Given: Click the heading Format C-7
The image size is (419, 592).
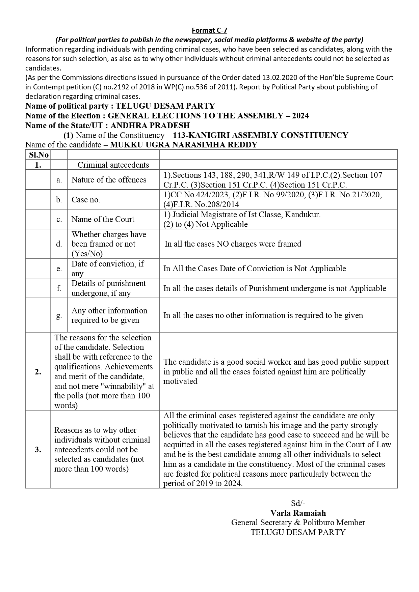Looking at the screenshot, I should [x=209, y=30].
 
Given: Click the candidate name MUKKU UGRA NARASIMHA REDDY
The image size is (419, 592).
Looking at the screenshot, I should [x=184, y=145].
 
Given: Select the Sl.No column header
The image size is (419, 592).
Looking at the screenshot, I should [x=38, y=155].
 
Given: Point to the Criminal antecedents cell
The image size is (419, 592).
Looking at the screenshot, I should [x=113, y=165].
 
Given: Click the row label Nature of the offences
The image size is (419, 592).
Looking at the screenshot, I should [x=109, y=180].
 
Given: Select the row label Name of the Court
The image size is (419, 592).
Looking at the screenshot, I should [x=103, y=219].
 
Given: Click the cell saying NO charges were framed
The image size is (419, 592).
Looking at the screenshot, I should [x=233, y=244].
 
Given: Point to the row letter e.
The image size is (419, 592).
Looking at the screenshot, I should [x=59, y=269].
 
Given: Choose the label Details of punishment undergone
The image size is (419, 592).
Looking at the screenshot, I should [x=109, y=288].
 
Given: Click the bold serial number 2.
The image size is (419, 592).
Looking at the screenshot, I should [x=38, y=372].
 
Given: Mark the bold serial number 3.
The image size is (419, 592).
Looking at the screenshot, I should [x=38, y=450].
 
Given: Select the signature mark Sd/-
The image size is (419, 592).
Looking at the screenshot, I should [x=298, y=503].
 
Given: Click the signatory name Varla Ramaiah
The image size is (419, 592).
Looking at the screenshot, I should [x=298, y=513].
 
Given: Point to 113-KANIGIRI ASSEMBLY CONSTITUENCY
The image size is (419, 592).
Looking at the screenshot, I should [x=260, y=135].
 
